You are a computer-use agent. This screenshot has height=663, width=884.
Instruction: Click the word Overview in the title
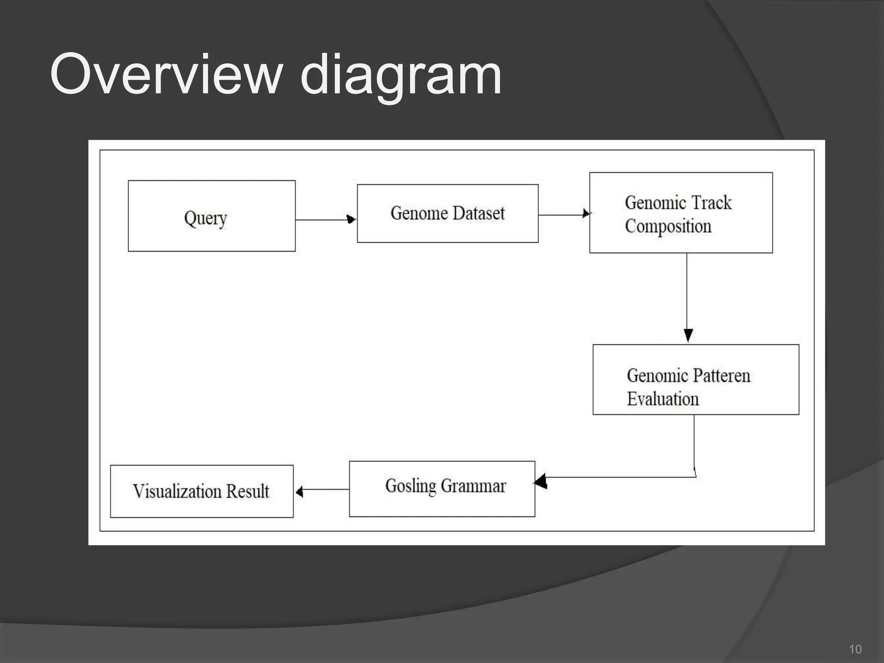(166, 74)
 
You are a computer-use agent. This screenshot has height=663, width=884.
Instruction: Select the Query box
(212, 216)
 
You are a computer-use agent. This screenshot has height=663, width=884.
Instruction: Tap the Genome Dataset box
(448, 214)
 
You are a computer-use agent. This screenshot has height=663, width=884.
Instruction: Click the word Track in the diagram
(712, 202)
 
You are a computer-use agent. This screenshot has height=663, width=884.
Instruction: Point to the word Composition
(668, 226)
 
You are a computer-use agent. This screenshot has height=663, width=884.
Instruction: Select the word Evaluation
(663, 399)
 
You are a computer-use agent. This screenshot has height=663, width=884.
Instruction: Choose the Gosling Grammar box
(442, 489)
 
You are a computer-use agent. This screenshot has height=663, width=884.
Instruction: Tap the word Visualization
(177, 491)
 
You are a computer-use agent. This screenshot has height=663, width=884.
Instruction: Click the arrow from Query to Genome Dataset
(326, 220)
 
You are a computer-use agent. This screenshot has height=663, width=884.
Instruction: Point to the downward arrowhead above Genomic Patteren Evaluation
(688, 335)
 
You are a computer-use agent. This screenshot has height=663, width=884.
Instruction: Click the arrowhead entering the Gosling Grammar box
(541, 480)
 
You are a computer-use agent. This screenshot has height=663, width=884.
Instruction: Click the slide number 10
(855, 649)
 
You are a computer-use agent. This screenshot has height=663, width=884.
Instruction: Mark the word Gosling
(410, 486)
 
